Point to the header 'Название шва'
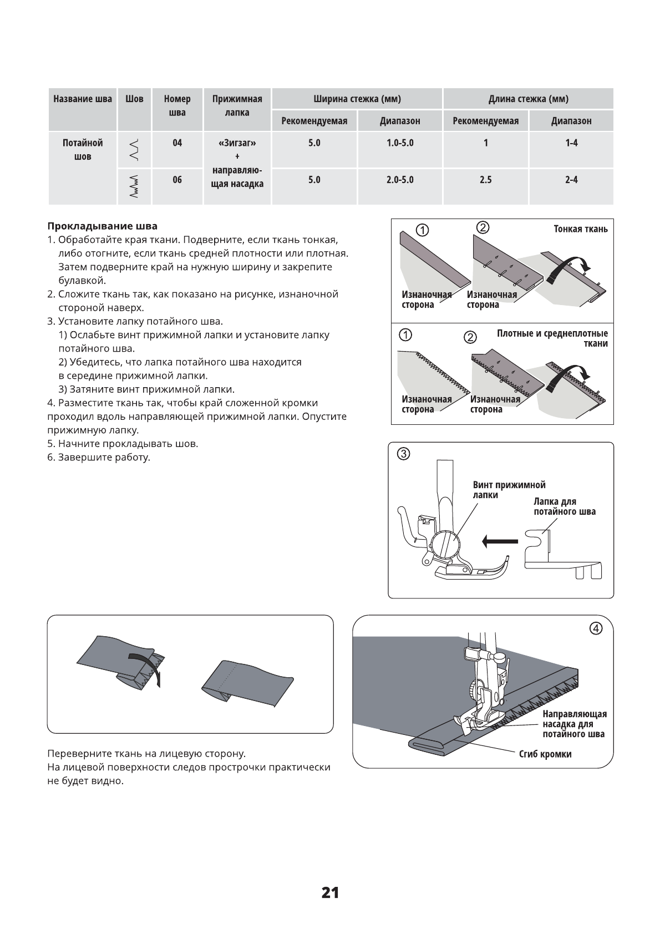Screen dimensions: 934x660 coord(83,99)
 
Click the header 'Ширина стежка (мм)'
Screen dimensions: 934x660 coord(357,99)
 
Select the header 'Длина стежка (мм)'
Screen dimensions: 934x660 coord(528,99)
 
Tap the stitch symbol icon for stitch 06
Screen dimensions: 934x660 coord(134,186)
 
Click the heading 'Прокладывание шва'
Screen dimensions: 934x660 coord(102,226)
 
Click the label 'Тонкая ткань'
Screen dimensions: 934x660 coord(580,229)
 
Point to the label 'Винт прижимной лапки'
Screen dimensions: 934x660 coord(509,490)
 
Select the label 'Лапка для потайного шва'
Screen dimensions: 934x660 coord(564,506)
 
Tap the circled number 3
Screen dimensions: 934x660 coord(404,454)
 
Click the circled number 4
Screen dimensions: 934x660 coord(595,628)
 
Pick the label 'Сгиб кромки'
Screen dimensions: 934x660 coord(545,754)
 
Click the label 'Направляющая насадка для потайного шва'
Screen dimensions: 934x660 coord(574,724)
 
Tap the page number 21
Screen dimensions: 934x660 coord(330,892)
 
